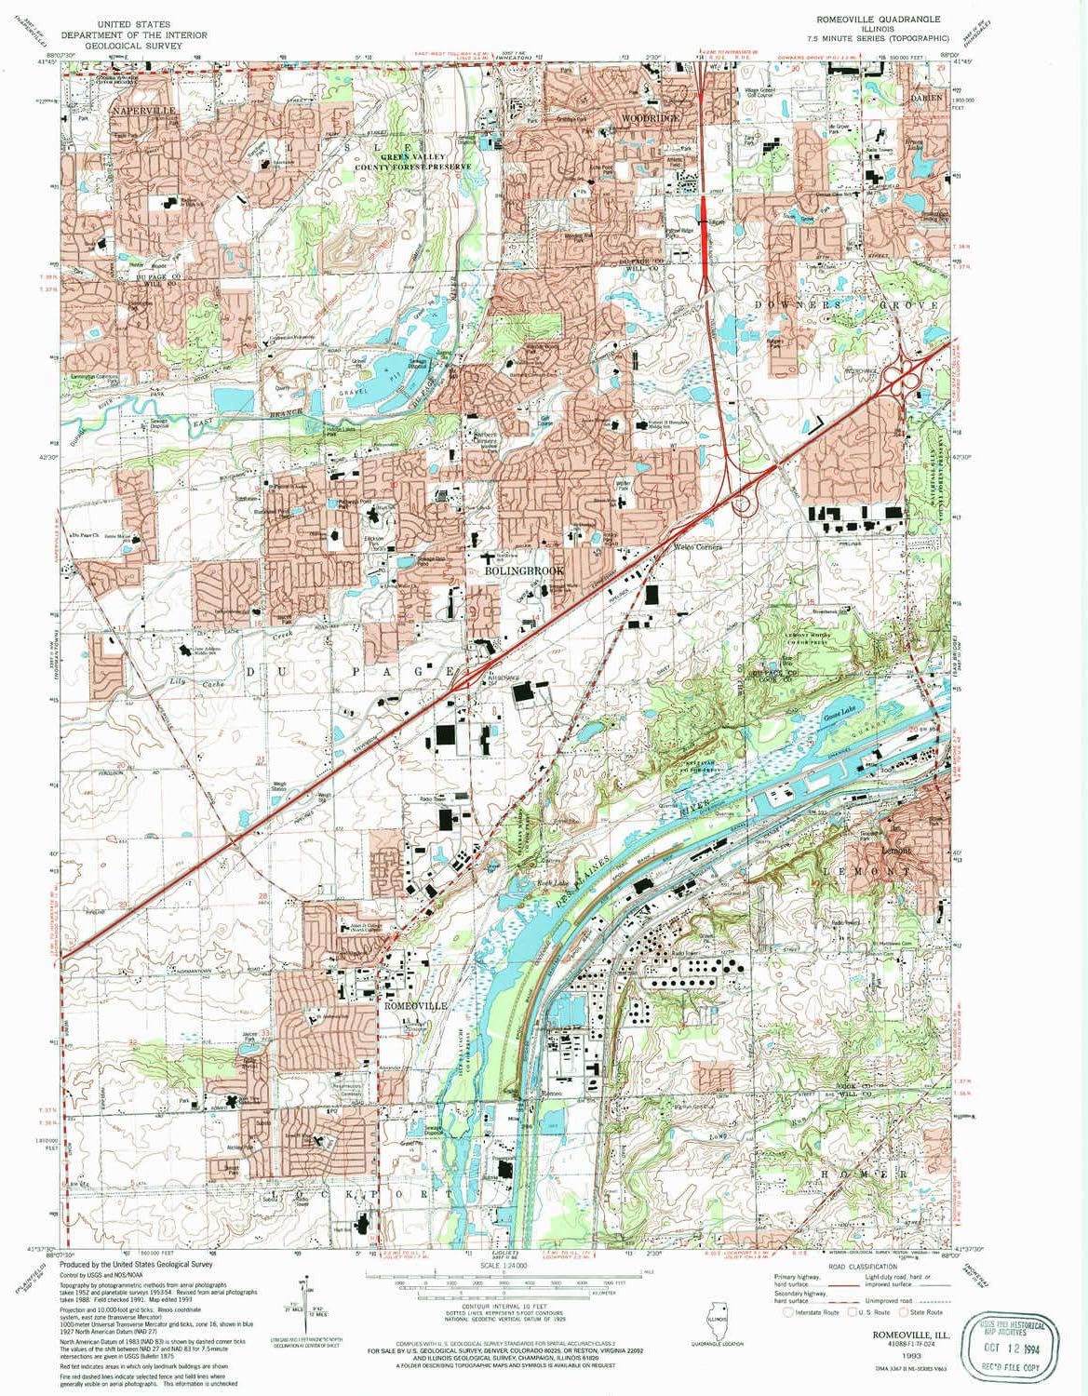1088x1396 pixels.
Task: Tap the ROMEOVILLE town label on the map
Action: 416,1006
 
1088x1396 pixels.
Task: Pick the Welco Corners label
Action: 697,547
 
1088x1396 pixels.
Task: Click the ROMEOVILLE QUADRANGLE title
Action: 879,19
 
